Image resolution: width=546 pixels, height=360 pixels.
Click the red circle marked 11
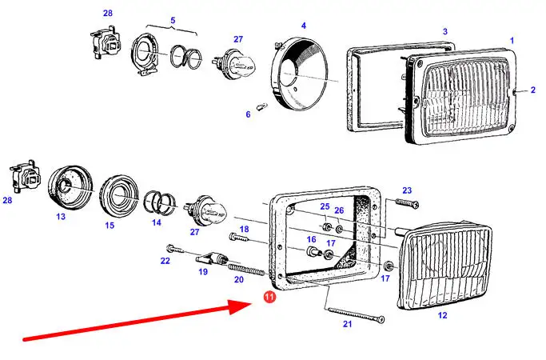click(x=269, y=298)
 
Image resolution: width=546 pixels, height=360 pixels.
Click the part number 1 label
click(x=512, y=39)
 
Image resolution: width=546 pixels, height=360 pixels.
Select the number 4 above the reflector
click(x=304, y=26)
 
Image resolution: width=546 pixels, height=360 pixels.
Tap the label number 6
click(x=248, y=114)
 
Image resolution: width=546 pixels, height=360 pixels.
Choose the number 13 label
click(x=61, y=216)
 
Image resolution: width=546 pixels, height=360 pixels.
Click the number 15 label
click(x=110, y=226)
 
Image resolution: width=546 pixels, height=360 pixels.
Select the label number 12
click(x=442, y=314)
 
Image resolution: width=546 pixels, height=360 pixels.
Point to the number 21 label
click(x=347, y=324)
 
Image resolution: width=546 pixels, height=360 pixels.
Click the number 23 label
click(x=406, y=190)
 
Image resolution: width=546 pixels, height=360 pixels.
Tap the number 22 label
click(x=165, y=261)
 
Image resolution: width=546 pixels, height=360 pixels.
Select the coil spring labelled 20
click(x=245, y=268)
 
